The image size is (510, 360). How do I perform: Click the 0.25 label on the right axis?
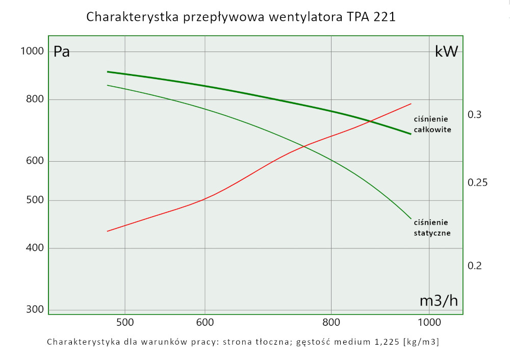click(x=478, y=183)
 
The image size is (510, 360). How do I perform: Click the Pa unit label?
click(x=62, y=52)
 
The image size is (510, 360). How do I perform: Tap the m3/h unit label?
click(x=439, y=301)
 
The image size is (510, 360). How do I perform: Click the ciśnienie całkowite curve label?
click(x=432, y=124)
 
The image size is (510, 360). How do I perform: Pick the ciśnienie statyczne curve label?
click(x=432, y=227)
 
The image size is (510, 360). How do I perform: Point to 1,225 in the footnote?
click(x=388, y=342)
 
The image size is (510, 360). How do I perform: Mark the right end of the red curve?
click(x=411, y=104)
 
